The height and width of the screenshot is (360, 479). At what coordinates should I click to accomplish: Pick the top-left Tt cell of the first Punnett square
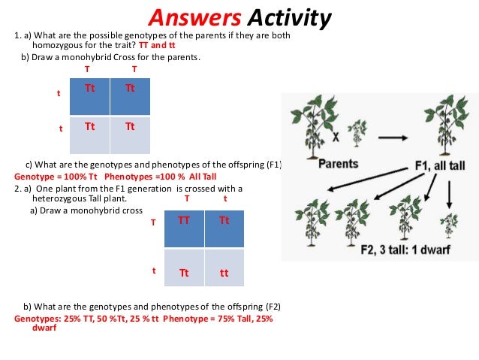[x=89, y=88]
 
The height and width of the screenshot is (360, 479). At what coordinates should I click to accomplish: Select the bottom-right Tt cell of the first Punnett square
[x=130, y=126]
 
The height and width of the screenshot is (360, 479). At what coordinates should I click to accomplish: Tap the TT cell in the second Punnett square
[x=183, y=221]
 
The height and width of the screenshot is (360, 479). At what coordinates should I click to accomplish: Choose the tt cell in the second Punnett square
[x=224, y=274]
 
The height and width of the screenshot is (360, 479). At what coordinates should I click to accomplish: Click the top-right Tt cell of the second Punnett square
[x=224, y=221]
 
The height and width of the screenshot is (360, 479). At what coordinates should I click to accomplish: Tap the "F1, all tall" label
[x=438, y=165]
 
